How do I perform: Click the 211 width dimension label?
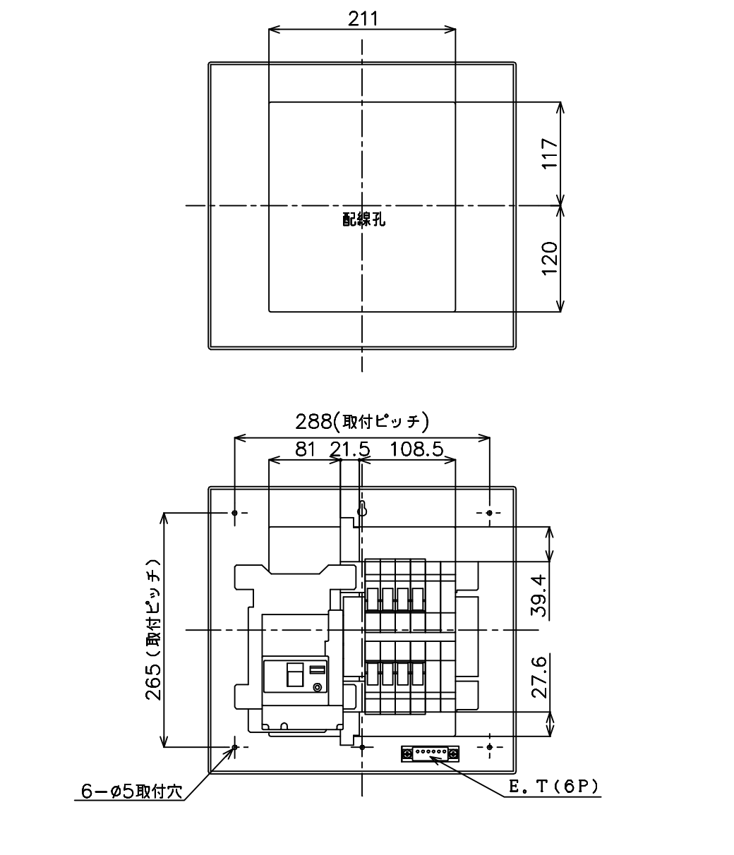363,19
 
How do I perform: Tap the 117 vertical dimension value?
550,153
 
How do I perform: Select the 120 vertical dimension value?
550,258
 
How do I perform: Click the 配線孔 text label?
363,219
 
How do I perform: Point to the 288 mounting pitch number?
313,422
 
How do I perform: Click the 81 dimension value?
306,449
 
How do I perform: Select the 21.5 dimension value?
350,449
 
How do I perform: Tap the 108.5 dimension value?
416,449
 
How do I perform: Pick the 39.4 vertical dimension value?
539,596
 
